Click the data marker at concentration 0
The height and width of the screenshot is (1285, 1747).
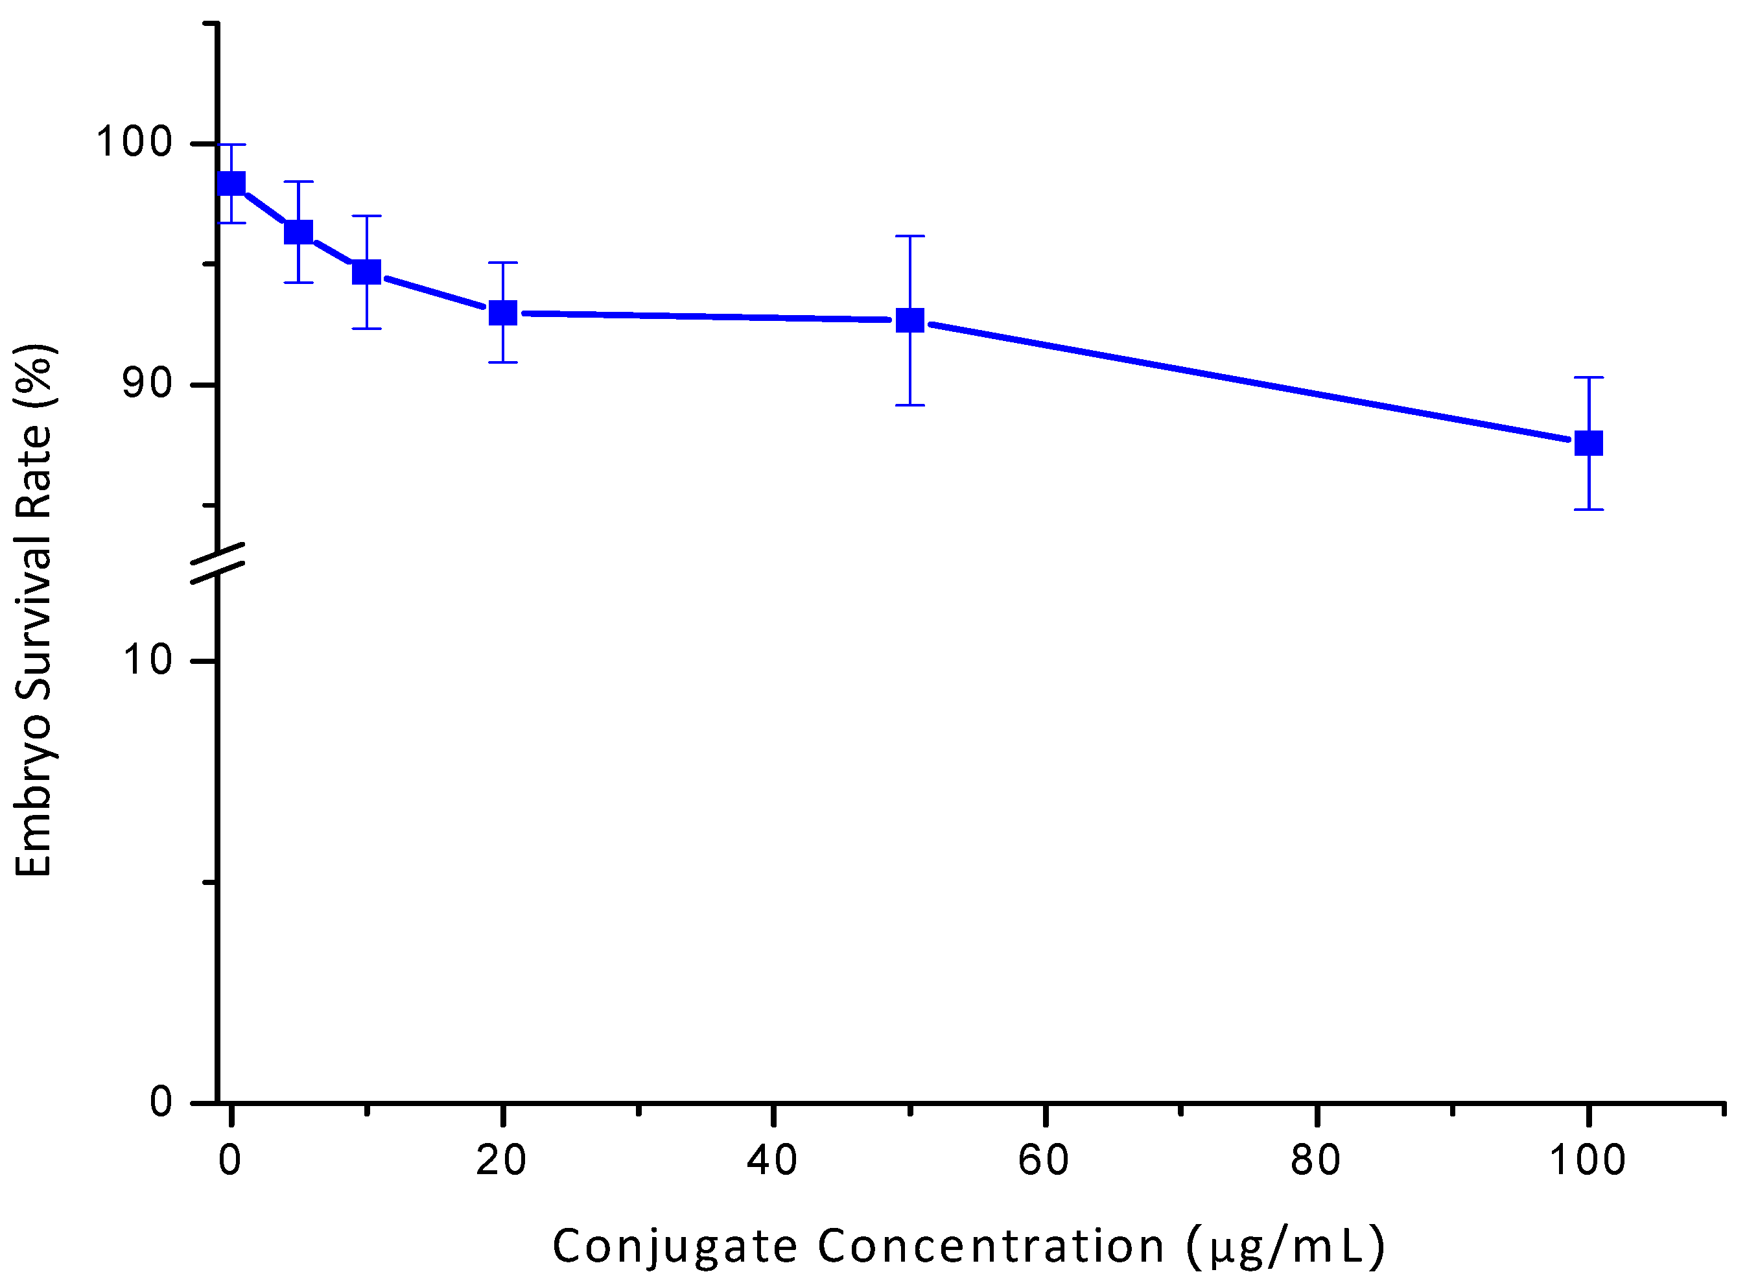231,183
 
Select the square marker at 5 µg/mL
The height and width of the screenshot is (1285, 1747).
299,232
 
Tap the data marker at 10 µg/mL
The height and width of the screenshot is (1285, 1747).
366,272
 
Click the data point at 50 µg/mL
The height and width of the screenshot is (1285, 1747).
910,320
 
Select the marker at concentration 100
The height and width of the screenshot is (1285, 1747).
1588,443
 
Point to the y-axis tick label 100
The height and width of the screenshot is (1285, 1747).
134,143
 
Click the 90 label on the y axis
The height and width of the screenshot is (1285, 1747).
147,383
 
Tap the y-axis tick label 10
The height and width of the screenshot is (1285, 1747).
147,659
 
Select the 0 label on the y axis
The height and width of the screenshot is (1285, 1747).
161,1102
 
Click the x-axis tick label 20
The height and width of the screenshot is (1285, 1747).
502,1161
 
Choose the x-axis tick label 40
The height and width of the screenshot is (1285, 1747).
773,1161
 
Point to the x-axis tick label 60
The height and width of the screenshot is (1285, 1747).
1044,1161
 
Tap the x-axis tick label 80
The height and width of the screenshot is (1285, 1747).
1315,1161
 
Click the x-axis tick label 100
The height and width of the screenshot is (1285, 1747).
1588,1161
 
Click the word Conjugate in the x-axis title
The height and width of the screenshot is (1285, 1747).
674,1247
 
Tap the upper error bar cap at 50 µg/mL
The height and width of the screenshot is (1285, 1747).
910,236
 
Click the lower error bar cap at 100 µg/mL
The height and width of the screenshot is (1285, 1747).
1588,510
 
